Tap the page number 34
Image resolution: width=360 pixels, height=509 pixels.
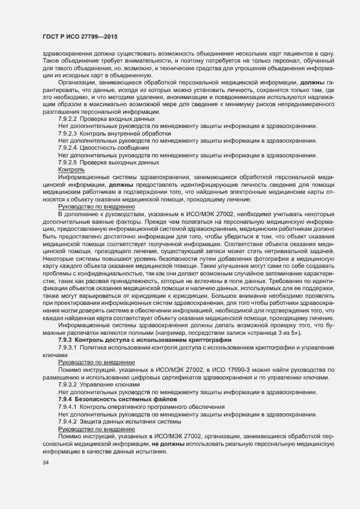[x=45, y=463]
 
